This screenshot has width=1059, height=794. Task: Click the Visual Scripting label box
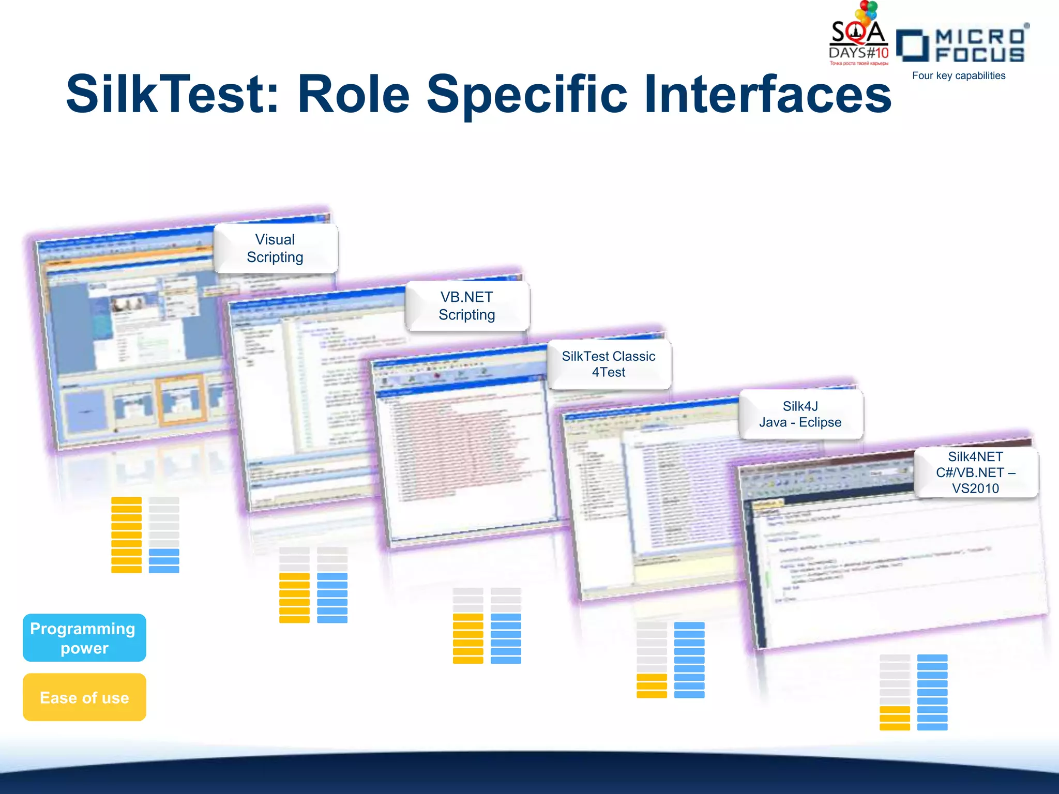coord(275,248)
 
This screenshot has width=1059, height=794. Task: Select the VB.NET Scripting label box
coord(467,306)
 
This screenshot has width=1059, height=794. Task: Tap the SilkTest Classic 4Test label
coord(609,364)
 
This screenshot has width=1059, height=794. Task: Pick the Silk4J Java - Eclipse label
coord(800,414)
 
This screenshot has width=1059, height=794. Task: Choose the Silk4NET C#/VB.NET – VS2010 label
coord(975,472)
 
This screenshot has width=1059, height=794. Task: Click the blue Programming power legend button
coord(84,638)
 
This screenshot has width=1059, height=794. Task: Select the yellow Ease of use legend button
coord(84,697)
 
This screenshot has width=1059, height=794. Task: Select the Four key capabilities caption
coord(958,75)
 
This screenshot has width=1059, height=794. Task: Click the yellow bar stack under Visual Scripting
coord(126,535)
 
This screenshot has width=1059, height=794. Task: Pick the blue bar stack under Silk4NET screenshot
coord(932,692)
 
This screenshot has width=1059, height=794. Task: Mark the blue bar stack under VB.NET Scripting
coord(332,598)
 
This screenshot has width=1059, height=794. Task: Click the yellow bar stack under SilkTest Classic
coord(468,638)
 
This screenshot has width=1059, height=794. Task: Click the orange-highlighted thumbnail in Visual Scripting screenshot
coord(181,401)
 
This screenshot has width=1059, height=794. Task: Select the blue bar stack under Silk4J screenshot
coord(689,660)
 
